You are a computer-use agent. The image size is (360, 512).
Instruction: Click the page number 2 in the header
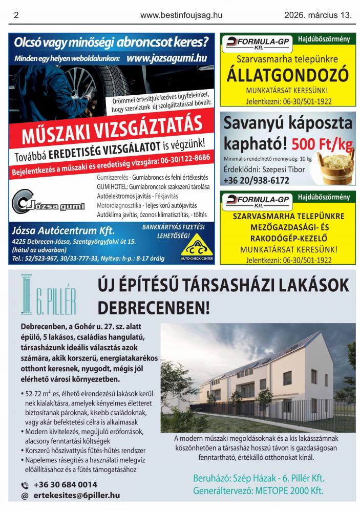pyautogui.click(x=17, y=15)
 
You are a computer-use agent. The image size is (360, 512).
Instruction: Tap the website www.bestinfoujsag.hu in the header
pyautogui.click(x=181, y=15)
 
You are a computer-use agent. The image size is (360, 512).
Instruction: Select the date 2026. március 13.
pyautogui.click(x=318, y=15)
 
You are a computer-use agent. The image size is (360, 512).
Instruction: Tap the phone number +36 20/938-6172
pyautogui.click(x=256, y=180)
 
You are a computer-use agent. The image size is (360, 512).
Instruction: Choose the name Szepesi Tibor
pyautogui.click(x=283, y=169)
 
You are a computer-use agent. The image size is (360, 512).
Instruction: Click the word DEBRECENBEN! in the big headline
pyautogui.click(x=154, y=307)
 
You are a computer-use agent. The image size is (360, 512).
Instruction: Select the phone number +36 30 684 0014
pyautogui.click(x=65, y=484)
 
